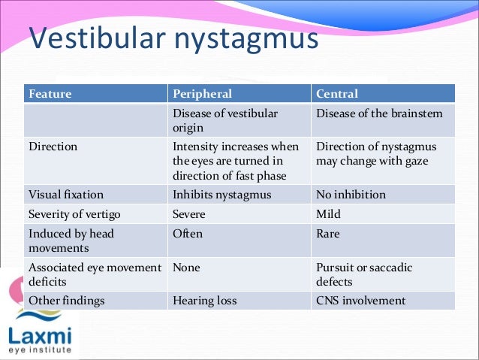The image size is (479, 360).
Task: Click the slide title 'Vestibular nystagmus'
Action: (173, 38)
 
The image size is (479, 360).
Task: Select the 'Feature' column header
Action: (50, 94)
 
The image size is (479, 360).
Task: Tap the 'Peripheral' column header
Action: (202, 94)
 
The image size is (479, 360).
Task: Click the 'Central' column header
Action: (337, 94)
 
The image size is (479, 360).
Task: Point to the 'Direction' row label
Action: (53, 147)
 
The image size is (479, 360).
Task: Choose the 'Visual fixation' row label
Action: (66, 195)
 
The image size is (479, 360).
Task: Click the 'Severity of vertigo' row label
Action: (74, 214)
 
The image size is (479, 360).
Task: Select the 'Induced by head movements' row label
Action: (71, 241)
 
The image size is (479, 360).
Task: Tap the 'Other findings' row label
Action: (66, 301)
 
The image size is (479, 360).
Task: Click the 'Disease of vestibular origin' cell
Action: (224, 120)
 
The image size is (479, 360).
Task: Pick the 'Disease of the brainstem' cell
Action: (379, 113)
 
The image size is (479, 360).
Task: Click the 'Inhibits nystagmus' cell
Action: (222, 195)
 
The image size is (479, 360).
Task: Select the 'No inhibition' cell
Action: (350, 195)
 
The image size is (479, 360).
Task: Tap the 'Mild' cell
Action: (328, 214)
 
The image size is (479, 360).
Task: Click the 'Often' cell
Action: (188, 234)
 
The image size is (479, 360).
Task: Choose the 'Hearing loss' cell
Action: (204, 301)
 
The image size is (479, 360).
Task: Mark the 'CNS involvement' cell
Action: (360, 301)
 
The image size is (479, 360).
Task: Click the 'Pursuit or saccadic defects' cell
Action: (364, 274)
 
